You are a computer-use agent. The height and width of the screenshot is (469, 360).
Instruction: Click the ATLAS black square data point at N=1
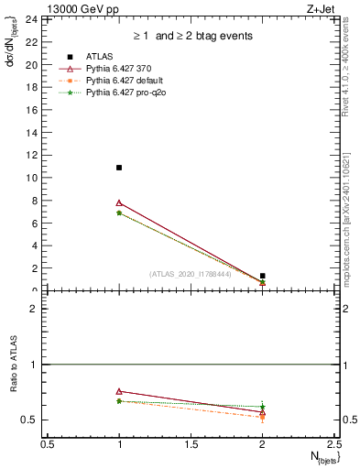coord(119,168)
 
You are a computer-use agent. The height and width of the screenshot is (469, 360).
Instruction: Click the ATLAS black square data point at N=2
coord(262,276)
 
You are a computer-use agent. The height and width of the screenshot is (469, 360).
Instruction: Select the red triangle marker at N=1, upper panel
coord(119,202)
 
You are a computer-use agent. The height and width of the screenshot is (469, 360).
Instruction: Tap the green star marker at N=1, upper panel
coord(119,213)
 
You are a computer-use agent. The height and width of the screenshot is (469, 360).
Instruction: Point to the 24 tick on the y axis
coord(31,19)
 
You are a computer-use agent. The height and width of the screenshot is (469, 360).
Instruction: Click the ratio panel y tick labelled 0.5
coord(29,420)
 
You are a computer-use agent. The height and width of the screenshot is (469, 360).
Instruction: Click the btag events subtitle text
coord(192,36)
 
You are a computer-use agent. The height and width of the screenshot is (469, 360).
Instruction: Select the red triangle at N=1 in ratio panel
coord(119,391)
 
